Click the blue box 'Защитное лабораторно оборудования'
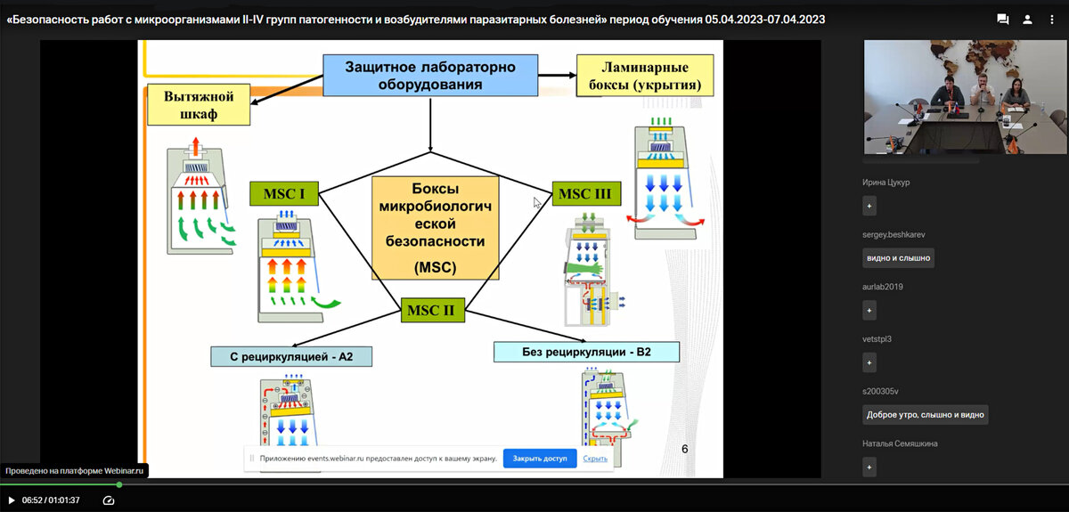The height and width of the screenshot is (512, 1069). coord(429,75)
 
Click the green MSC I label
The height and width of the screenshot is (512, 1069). coord(284,193)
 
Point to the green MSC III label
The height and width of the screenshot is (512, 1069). coord(586,193)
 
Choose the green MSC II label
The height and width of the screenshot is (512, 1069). coord(433,311)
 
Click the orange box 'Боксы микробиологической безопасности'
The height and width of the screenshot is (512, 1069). coord(435,228)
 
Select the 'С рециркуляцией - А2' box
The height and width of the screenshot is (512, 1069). coord(291,356)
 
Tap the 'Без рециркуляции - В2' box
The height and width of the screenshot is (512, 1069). coord(586,352)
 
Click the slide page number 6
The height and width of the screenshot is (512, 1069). coord(684,449)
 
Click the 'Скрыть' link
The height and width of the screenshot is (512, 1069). coord(595,459)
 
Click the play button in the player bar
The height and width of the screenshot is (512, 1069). coord(12,500)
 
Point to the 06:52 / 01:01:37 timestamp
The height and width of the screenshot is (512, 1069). coord(51,500)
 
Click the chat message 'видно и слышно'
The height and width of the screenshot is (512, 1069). coord(898,258)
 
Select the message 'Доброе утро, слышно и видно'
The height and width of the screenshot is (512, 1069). coord(926,415)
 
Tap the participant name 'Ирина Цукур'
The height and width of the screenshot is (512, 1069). coord(886,183)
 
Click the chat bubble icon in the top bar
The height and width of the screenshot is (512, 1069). coord(1002,19)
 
